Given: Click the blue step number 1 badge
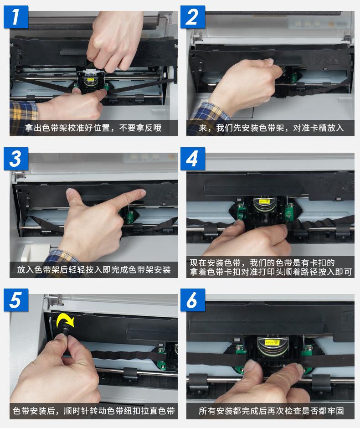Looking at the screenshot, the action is pyautogui.click(x=16, y=17).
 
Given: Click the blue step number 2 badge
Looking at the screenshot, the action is pyautogui.click(x=193, y=17).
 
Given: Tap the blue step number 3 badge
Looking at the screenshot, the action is pyautogui.click(x=16, y=159).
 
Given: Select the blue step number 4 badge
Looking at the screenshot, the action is pyautogui.click(x=193, y=159).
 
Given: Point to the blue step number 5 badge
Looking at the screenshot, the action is pyautogui.click(x=16, y=300).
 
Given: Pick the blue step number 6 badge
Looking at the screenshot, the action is pyautogui.click(x=193, y=300).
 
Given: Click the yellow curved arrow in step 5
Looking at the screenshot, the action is pyautogui.click(x=66, y=320).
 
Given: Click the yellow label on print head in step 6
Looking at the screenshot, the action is pyautogui.click(x=272, y=341).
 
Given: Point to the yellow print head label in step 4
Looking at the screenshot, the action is pyautogui.click(x=264, y=201).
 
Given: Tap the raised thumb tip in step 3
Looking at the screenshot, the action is pyautogui.click(x=70, y=192).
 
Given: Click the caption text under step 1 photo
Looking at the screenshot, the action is pyautogui.click(x=93, y=128).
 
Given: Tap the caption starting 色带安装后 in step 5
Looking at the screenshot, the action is pyautogui.click(x=93, y=411).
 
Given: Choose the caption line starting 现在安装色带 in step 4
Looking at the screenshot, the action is pyautogui.click(x=262, y=263).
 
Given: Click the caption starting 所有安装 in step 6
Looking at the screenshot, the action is pyautogui.click(x=271, y=411).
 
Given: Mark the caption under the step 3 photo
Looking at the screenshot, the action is pyautogui.click(x=94, y=270).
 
